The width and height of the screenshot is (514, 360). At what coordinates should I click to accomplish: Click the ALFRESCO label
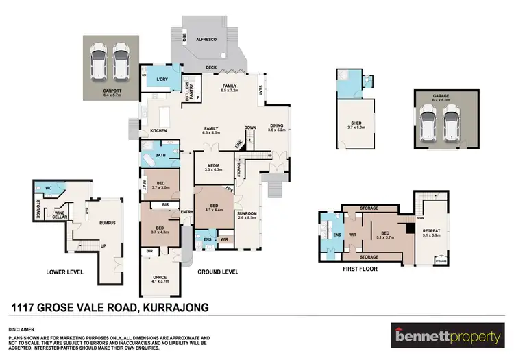click(x=207, y=40)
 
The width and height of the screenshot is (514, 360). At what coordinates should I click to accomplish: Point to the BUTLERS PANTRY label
click(x=188, y=93)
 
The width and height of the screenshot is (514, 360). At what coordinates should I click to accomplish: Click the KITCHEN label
click(x=158, y=130)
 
